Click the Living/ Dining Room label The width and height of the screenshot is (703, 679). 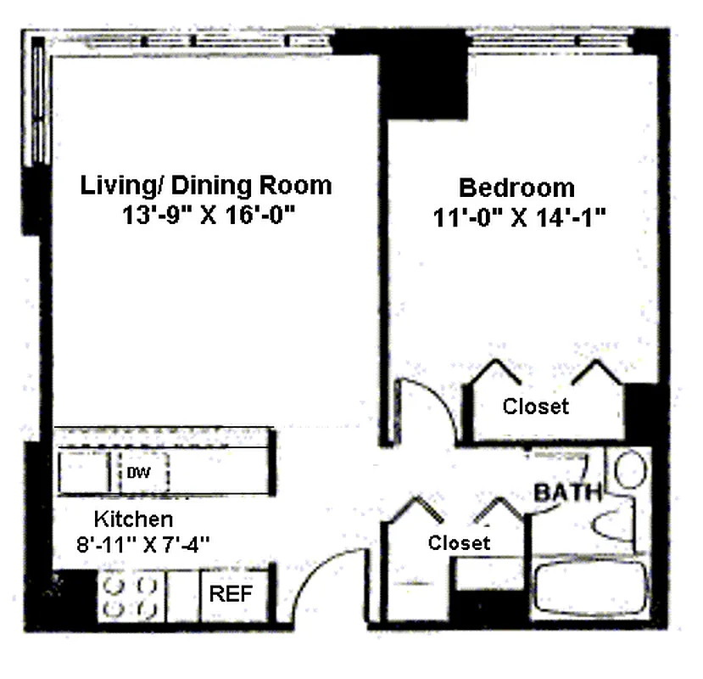tap(205, 185)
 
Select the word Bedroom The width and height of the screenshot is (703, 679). tap(516, 188)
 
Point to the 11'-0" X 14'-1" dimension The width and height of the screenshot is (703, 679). tap(518, 217)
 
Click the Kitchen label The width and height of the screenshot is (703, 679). tap(133, 519)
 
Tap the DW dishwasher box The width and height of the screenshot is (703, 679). tap(139, 473)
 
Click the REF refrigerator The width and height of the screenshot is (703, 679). tap(231, 594)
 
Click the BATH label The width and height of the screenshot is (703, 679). tap(567, 492)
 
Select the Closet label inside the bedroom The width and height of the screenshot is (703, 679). tap(536, 406)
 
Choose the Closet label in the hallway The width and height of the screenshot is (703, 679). tap(459, 542)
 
